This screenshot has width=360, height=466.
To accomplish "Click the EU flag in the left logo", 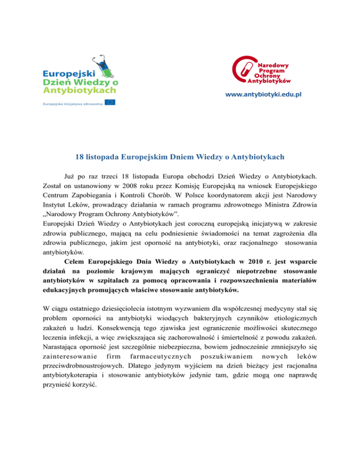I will click(110, 102).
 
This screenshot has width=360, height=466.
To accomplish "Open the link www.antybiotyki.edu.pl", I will click(263, 94).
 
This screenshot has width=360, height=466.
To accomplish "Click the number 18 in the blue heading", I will click(80, 157).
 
